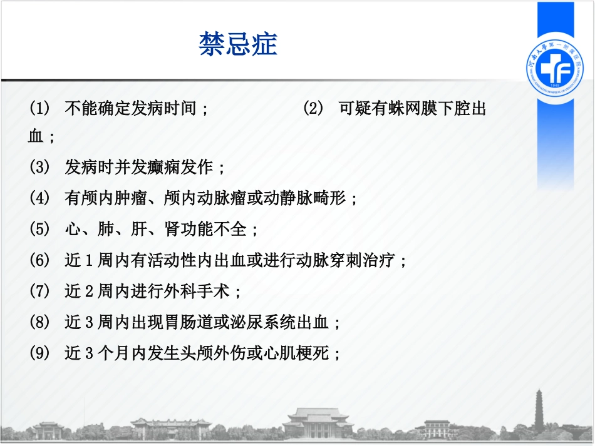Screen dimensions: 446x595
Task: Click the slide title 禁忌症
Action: coord(238,44)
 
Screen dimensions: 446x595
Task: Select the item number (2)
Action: coord(313,109)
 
